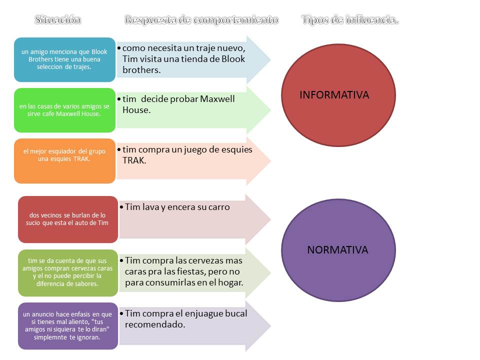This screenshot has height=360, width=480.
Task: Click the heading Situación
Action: pyautogui.click(x=57, y=20)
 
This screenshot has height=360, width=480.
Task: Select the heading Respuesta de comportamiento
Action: pyautogui.click(x=201, y=20)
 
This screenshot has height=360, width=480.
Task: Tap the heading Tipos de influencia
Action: pyautogui.click(x=350, y=20)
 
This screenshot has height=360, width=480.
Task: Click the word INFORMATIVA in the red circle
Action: pyautogui.click(x=334, y=94)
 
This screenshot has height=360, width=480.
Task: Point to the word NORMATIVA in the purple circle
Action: pyautogui.click(x=337, y=249)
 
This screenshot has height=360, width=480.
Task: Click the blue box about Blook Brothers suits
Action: pyautogui.click(x=64, y=59)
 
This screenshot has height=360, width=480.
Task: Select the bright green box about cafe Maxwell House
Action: pyautogui.click(x=64, y=110)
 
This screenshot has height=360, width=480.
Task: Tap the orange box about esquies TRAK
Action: pyautogui.click(x=64, y=160)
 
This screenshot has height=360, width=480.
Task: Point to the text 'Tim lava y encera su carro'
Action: pyautogui.click(x=177, y=206)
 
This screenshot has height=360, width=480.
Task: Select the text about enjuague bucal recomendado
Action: pyautogui.click(x=185, y=318)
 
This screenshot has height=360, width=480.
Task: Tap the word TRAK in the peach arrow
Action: pyautogui.click(x=134, y=160)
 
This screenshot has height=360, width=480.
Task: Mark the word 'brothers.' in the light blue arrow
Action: pyautogui.click(x=141, y=70)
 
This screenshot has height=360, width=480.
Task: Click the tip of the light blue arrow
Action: pyautogui.click(x=270, y=59)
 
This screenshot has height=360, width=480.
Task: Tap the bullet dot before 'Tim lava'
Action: pyautogui.click(x=121, y=206)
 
